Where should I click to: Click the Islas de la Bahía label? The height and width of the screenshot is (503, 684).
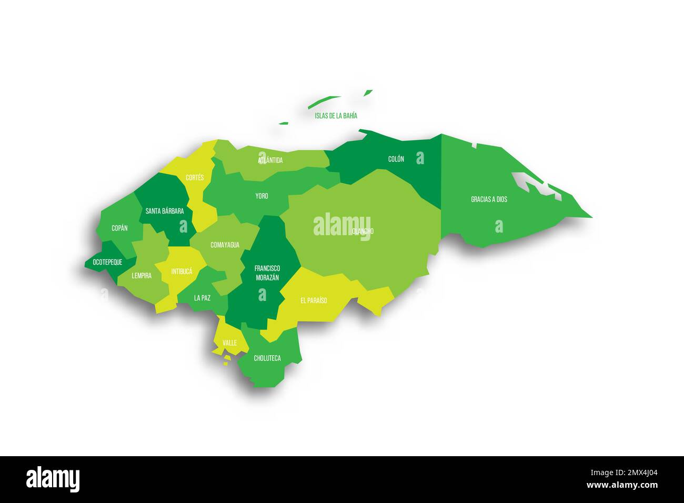pyautogui.click(x=336, y=115)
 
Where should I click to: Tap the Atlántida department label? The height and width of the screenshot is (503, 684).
pyautogui.click(x=270, y=160)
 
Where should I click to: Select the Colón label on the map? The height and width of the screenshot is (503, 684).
pyautogui.click(x=396, y=159)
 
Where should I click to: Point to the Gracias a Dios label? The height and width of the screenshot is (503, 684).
pyautogui.click(x=489, y=199)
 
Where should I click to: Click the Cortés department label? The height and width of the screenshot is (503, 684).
pyautogui.click(x=195, y=178)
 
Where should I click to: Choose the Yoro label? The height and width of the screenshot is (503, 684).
pyautogui.click(x=261, y=196)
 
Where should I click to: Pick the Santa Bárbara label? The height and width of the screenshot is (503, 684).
pyautogui.click(x=165, y=211)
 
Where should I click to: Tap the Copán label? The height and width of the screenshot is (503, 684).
pyautogui.click(x=119, y=228)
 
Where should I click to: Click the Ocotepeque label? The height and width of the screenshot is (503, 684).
pyautogui.click(x=107, y=261)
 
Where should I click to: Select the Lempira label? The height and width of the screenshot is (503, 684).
pyautogui.click(x=142, y=275)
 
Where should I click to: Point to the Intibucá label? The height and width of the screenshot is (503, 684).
pyautogui.click(x=182, y=271)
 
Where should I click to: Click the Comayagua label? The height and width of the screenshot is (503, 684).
pyautogui.click(x=225, y=245)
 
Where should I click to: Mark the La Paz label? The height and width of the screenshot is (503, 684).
pyautogui.click(x=202, y=298)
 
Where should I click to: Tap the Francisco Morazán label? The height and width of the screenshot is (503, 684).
pyautogui.click(x=267, y=273)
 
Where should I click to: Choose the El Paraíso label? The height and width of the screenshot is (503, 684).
pyautogui.click(x=314, y=300)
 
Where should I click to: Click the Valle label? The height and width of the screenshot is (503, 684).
pyautogui.click(x=229, y=343)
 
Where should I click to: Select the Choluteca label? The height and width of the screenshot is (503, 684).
pyautogui.click(x=267, y=358)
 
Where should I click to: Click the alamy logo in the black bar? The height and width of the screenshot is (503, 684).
pyautogui.click(x=53, y=479)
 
